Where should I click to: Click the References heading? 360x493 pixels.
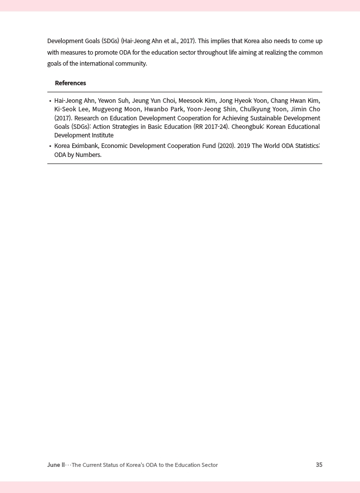pos(70,83)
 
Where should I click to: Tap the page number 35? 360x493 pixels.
pos(319,465)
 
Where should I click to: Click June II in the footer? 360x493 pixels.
pos(56,465)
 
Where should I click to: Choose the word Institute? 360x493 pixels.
pos(102,135)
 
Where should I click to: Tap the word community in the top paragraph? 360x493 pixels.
pos(131,64)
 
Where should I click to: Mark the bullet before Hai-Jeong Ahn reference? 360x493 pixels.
pos(50,101)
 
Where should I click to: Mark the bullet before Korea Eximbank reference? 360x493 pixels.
pos(50,146)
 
